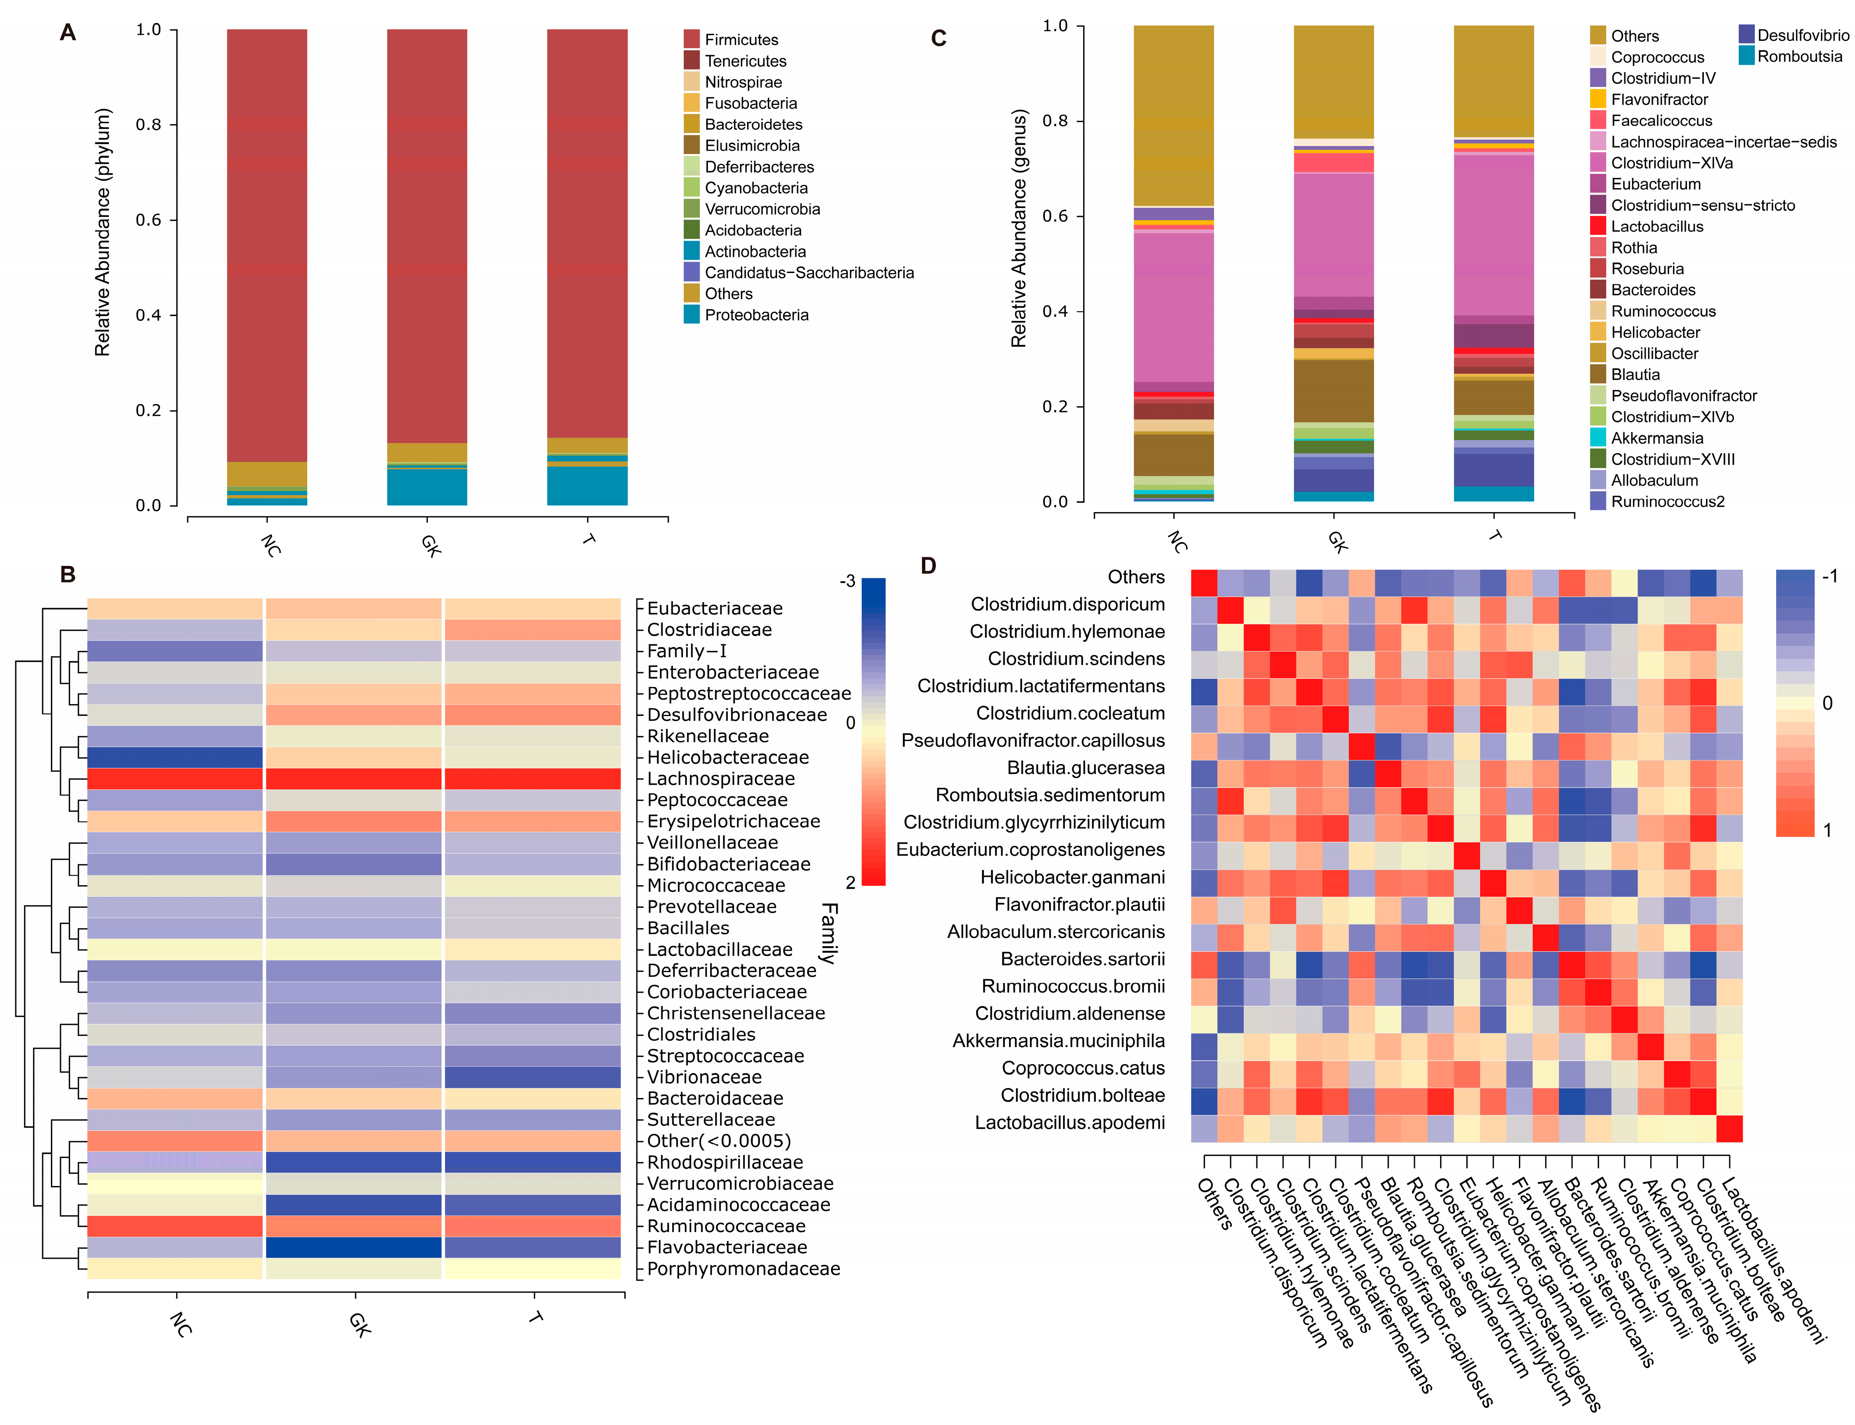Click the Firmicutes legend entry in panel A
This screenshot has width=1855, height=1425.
[x=741, y=40]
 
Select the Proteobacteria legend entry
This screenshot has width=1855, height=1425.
[x=756, y=315]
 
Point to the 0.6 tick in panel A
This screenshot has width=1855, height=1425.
[x=148, y=220]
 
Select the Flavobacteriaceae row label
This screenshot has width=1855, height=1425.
[x=727, y=1247]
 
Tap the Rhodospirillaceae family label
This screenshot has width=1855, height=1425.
[x=724, y=1162]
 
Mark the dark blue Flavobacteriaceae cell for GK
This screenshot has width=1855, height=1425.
[x=353, y=1247]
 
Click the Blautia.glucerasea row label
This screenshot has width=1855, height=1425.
[x=1086, y=768]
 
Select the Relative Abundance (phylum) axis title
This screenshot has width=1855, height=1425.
[x=103, y=232]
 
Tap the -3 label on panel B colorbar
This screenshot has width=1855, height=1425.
[x=846, y=581]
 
